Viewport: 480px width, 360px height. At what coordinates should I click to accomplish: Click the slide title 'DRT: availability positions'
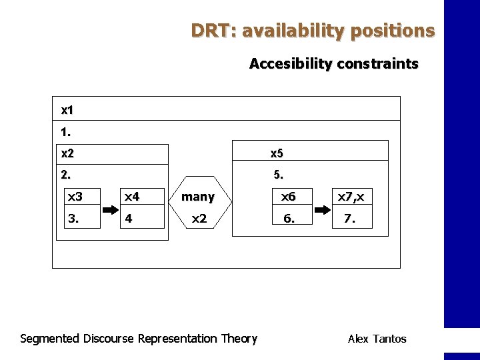pos(313,31)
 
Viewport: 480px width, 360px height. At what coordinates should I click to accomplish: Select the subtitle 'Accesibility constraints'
pos(333,64)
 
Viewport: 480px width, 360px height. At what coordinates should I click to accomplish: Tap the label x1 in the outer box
pos(67,109)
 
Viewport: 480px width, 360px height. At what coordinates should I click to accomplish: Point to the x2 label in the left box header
pos(67,153)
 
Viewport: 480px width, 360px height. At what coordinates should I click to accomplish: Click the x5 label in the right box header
pos(276,153)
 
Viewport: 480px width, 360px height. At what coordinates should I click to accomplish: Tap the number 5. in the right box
pos(278,176)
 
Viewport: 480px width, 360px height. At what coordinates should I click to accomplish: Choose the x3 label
pos(75,197)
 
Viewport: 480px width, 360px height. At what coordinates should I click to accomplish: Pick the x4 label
pos(131,197)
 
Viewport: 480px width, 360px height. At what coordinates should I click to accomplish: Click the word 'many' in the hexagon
pos(198,197)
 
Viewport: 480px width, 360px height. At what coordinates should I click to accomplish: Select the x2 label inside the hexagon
pos(199,218)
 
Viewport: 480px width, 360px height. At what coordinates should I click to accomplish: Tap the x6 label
pos(288,197)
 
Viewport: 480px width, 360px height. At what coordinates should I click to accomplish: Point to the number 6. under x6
pos(289,218)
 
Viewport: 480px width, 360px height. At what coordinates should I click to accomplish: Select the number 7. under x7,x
pos(349,218)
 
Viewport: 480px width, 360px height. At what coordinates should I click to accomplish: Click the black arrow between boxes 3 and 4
pos(109,208)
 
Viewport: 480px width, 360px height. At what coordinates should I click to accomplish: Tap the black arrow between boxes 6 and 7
pos(322,208)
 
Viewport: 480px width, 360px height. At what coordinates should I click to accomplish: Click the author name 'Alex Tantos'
pos(377,339)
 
